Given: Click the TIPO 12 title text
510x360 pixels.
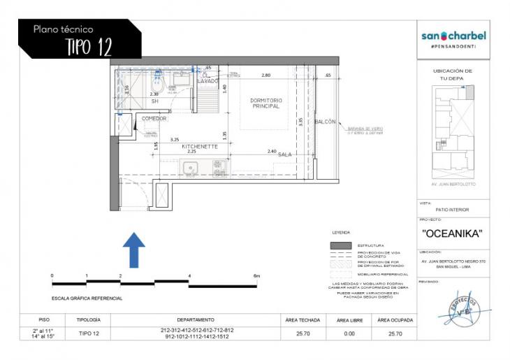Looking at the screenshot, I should pyautogui.click(x=88, y=47).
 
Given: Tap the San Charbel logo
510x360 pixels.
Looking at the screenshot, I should pyautogui.click(x=453, y=36).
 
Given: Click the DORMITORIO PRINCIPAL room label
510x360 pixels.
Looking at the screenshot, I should pyautogui.click(x=265, y=103).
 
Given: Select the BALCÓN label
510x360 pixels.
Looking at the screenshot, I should pyautogui.click(x=326, y=122).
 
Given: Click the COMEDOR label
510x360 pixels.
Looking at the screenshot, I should pyautogui.click(x=154, y=118).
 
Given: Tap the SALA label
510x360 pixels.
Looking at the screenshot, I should pyautogui.click(x=284, y=154).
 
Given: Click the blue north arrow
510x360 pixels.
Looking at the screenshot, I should pyautogui.click(x=134, y=250).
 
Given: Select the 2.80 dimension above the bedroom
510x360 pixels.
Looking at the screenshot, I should pyautogui.click(x=265, y=75).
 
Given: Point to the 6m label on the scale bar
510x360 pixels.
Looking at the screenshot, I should pyautogui.click(x=256, y=276).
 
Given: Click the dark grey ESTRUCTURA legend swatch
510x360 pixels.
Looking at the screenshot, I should pyautogui.click(x=340, y=245).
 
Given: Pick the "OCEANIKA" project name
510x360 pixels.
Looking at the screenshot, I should pyautogui.click(x=453, y=233).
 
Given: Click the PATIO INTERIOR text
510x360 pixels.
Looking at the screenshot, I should pyautogui.click(x=453, y=210).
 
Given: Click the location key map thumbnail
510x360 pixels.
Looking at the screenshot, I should pyautogui.click(x=453, y=129).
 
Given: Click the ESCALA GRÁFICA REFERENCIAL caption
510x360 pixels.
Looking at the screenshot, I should pyautogui.click(x=88, y=298).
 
